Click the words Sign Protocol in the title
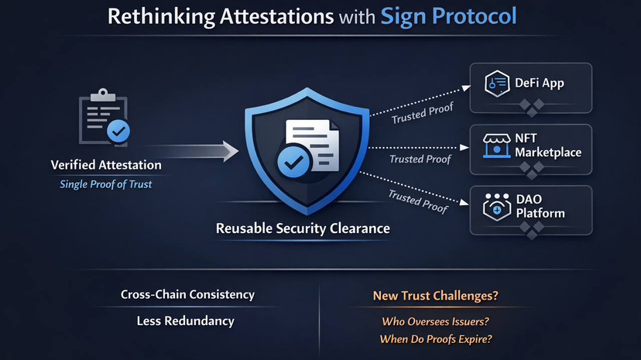448,16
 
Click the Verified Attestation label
106,165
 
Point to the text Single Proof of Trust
106,183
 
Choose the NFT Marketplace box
531,146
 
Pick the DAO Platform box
531,207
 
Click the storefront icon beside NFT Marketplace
495,145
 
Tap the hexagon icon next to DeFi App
495,84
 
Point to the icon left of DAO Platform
495,206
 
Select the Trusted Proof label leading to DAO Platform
417,201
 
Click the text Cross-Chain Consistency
187,295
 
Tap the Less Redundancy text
185,321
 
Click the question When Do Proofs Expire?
436,339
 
